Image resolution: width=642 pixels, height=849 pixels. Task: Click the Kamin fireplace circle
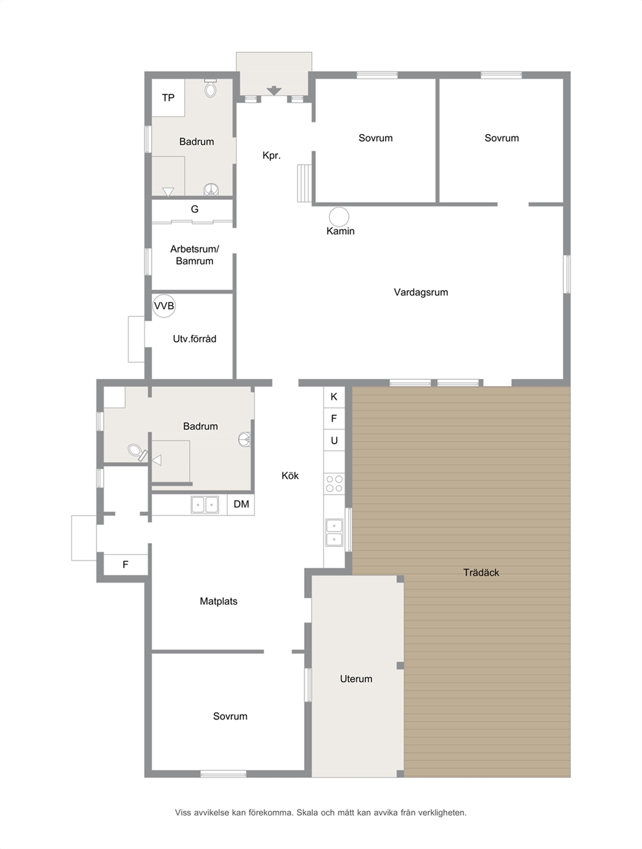339,217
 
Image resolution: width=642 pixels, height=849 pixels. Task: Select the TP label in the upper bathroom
168,98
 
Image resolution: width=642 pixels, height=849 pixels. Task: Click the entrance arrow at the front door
274,91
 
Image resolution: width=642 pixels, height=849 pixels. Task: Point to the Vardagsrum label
421,292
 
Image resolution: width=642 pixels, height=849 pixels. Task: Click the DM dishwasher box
241,504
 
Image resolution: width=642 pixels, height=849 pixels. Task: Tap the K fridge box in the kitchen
334,397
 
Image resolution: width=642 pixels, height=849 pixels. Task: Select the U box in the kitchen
334,440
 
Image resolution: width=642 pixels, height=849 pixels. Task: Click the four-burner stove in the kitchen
334,484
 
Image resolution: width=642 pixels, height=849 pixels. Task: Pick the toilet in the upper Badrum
210,89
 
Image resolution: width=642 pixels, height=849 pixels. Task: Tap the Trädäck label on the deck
481,573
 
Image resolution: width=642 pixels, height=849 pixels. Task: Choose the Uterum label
356,679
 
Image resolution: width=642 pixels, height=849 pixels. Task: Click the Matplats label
219,601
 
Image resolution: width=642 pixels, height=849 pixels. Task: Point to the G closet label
195,210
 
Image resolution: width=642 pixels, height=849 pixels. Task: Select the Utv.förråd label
195,339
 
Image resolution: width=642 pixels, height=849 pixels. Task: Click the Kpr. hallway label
271,155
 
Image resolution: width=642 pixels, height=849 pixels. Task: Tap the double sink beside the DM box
205,505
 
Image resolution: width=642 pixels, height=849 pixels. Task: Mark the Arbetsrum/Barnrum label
195,255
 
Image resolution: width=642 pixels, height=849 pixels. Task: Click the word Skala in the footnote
307,813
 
